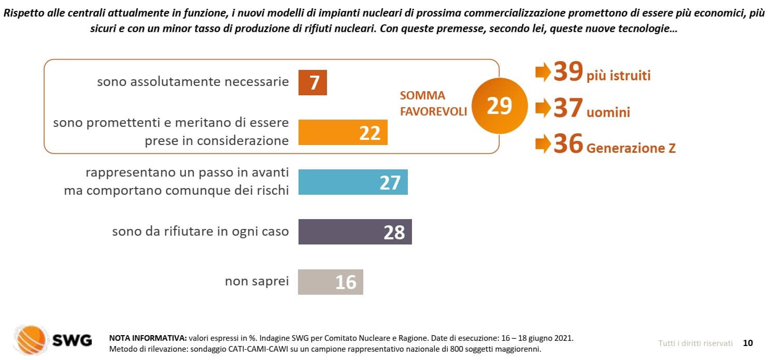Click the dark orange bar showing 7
pos(312,83)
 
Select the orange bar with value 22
pos(343,132)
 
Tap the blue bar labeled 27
pos(353,182)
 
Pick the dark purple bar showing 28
pos(355,232)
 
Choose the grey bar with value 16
pos(331,282)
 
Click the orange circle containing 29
pos(500,106)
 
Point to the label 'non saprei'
pos(257,281)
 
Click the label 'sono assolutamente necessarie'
pos(193,82)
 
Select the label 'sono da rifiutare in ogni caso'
pos(201,232)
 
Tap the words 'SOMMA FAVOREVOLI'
pos(433,104)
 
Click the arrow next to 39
pos(543,72)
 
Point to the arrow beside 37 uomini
pos(543,108)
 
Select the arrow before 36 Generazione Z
pos(543,143)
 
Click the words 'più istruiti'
pos(619,76)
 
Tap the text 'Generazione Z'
pos(631,148)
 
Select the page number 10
pos(748,343)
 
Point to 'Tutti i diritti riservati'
pos(695,343)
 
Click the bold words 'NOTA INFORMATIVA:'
pos(148,338)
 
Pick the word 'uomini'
pos(608,112)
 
